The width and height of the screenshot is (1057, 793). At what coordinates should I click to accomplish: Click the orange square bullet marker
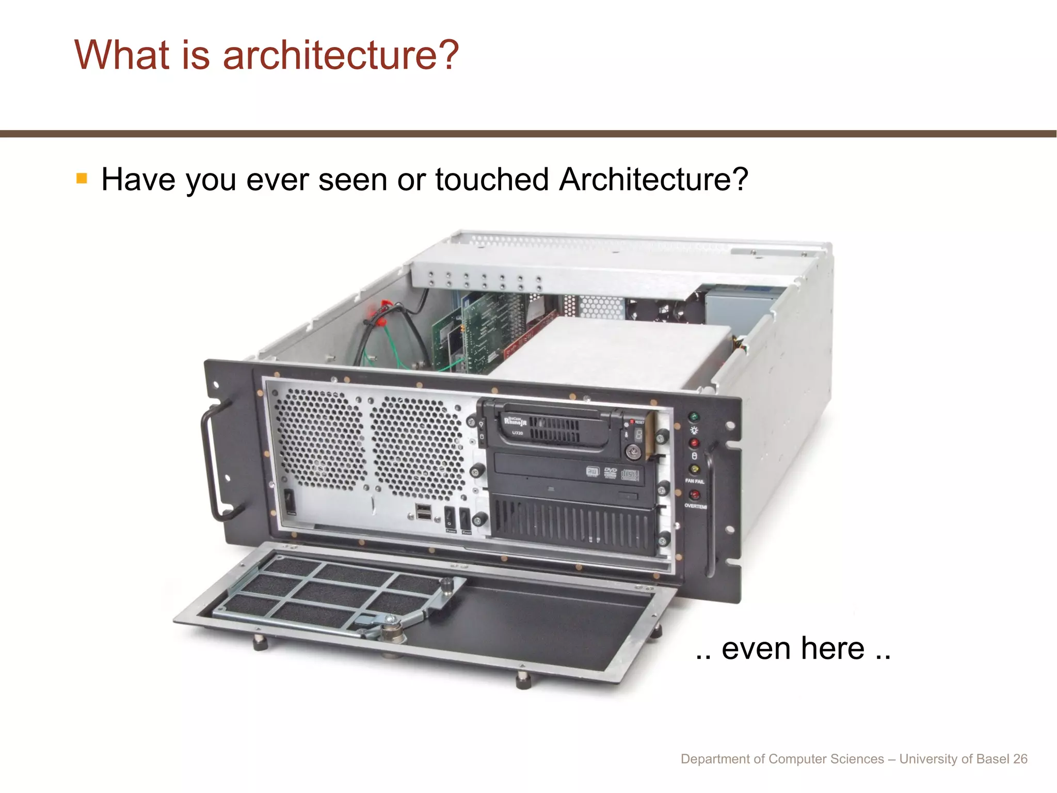point(82,179)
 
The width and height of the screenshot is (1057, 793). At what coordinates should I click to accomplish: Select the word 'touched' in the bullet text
point(491,180)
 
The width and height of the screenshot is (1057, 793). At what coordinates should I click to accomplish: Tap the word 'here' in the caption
point(832,648)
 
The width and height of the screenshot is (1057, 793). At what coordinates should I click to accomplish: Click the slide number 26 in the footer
point(1020,759)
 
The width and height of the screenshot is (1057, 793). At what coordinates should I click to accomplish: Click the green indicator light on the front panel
point(694,417)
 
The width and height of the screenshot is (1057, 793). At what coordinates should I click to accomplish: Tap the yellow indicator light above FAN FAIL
point(695,469)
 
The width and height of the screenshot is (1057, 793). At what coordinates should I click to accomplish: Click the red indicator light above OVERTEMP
point(695,495)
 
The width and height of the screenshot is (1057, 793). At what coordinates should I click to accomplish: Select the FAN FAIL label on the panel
point(695,481)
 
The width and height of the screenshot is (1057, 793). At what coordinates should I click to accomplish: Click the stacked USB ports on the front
point(424,512)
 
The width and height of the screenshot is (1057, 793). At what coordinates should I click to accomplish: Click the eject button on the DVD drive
point(628,496)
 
